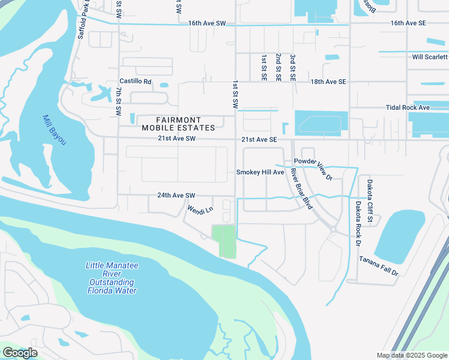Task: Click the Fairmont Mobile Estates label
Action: pyautogui.click(x=178, y=124)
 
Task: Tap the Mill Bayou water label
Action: pyautogui.click(x=54, y=130)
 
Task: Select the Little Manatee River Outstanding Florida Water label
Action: pyautogui.click(x=111, y=278)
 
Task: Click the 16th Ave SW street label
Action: pyautogui.click(x=206, y=23)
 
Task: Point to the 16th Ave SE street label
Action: pyautogui.click(x=409, y=23)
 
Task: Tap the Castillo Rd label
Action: pyautogui.click(x=136, y=82)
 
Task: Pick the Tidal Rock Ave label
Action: pyautogui.click(x=408, y=107)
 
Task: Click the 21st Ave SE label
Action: pyautogui.click(x=259, y=139)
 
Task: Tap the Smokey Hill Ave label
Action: pyautogui.click(x=260, y=172)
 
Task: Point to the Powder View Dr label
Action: pyautogui.click(x=313, y=169)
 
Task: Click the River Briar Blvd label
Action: pyautogui.click(x=302, y=189)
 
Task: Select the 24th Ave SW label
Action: pyautogui.click(x=177, y=196)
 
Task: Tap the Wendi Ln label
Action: pyautogui.click(x=200, y=211)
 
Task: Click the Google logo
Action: pyautogui.click(x=20, y=353)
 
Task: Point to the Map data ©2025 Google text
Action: pyautogui.click(x=411, y=355)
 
